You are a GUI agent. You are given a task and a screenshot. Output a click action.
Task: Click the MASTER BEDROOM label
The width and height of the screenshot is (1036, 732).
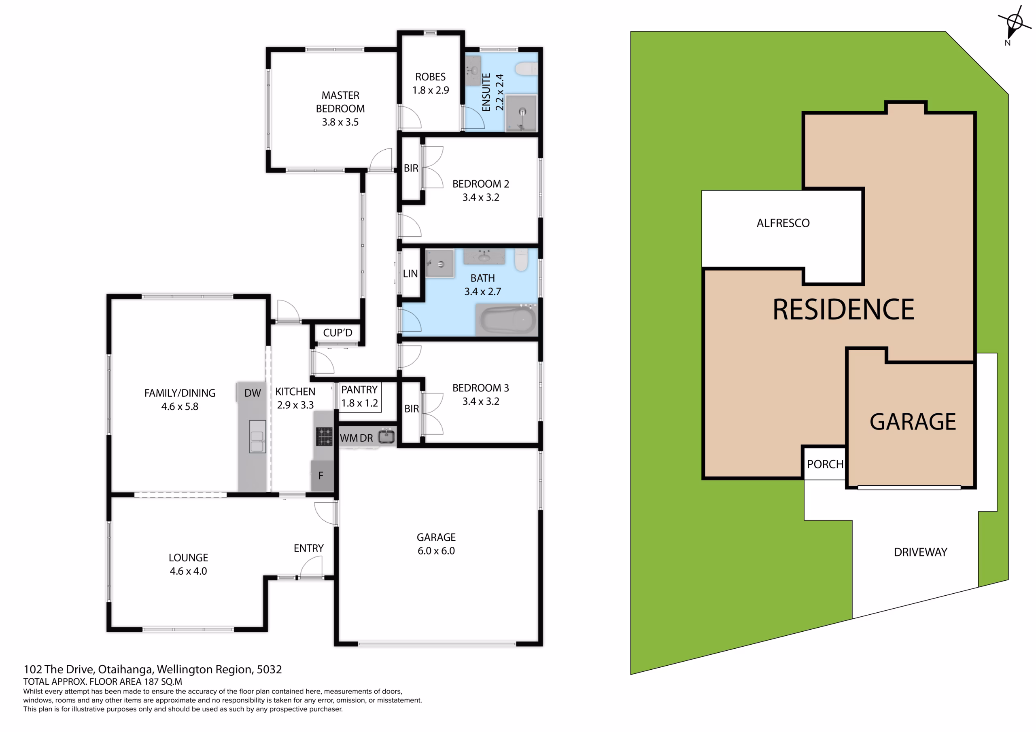pos(340,109)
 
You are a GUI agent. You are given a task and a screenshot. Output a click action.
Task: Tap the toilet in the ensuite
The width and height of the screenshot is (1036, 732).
pos(526,69)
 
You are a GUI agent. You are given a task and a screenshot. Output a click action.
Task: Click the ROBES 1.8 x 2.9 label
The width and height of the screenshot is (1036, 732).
pos(431,83)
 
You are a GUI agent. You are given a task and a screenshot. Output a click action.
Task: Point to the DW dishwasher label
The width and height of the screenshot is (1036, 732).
pos(252,393)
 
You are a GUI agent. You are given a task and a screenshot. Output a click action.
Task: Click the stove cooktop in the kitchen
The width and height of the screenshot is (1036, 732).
pos(324,437)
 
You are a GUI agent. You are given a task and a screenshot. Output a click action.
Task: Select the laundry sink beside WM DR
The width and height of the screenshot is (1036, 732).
pos(386,437)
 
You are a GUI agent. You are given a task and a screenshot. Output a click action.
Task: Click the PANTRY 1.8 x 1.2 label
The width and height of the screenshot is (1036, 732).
pos(359,396)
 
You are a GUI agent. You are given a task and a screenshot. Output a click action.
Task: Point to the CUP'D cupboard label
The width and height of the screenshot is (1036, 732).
pos(338,333)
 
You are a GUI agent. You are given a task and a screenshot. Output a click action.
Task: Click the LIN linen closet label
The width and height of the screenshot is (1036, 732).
pos(410,274)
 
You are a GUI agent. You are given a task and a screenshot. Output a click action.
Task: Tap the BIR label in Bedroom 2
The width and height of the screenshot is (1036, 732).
pos(411,168)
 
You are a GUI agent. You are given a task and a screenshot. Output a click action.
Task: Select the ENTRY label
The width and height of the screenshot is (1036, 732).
pos(309,548)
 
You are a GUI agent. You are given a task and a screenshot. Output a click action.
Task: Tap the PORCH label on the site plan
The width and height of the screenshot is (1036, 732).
pos(825,464)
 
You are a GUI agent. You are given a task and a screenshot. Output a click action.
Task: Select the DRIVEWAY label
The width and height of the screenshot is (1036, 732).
pos(921,552)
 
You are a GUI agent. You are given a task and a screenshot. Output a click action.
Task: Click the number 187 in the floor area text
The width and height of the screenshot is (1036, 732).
pos(152,681)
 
